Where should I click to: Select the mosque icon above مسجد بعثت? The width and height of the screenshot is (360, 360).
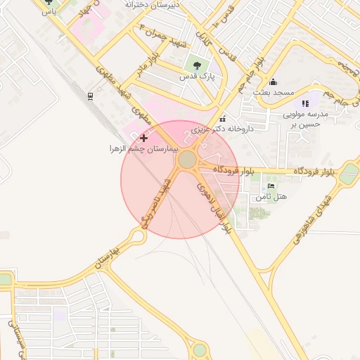[x=273, y=82]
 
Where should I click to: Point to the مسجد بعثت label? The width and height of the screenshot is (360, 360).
[x=273, y=93]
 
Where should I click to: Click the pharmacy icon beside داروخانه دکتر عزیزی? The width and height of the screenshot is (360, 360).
[x=223, y=118]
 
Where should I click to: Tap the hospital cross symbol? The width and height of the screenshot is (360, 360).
[x=144, y=139]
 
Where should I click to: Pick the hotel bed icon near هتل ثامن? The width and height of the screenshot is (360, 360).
[x=271, y=186]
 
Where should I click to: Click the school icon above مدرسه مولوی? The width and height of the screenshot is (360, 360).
[x=305, y=103]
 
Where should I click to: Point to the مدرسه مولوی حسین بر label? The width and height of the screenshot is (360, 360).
[x=304, y=119]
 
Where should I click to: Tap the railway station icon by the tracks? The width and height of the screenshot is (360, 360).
[x=90, y=96]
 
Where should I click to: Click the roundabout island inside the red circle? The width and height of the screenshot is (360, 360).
[x=187, y=160]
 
